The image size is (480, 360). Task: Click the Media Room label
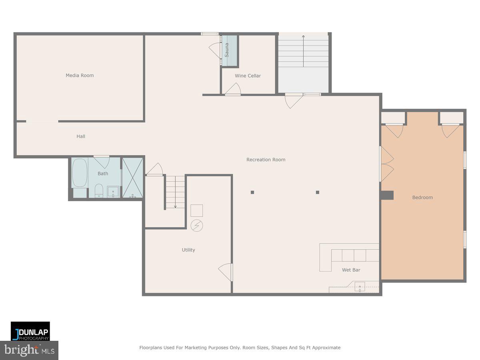(80, 75)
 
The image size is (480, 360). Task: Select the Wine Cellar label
(248, 76)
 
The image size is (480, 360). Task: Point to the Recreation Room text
(266, 160)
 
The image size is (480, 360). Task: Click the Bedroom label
(422, 197)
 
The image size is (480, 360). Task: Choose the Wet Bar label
(351, 270)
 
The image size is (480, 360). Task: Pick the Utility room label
(188, 250)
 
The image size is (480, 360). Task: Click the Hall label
(81, 136)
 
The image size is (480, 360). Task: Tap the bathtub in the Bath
(80, 173)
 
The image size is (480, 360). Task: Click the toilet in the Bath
(99, 191)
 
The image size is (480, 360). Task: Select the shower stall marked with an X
(132, 178)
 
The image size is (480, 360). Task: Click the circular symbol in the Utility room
(196, 225)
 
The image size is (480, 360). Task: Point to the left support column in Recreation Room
(252, 192)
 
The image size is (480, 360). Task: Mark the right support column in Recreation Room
(318, 192)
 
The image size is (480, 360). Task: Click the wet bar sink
(360, 286)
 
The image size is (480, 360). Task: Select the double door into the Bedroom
(386, 164)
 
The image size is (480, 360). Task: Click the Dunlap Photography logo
(30, 331)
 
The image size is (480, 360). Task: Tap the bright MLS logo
(29, 350)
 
